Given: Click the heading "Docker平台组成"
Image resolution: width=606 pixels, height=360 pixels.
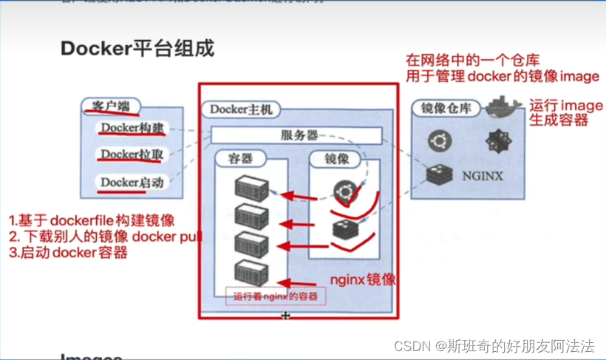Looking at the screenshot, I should tap(137, 49).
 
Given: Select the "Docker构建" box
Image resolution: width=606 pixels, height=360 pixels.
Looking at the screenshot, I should tap(132, 129).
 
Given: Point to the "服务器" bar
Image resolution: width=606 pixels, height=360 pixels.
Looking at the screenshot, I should tap(299, 135).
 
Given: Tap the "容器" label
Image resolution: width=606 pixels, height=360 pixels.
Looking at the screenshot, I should tap(241, 159).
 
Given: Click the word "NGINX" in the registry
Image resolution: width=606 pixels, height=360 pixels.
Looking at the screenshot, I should tap(482, 176).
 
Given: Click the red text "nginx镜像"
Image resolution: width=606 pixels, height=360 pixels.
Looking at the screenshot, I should tap(362, 279).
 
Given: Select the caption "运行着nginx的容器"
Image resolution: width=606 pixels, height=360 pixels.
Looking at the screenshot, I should tap(275, 296).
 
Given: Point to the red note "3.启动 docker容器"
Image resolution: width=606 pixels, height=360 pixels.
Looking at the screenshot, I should tap(68, 253).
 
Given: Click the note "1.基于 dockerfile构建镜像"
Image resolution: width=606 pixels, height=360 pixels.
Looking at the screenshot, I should tap(92, 220).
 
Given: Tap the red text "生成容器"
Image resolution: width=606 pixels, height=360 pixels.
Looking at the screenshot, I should tap(558, 120).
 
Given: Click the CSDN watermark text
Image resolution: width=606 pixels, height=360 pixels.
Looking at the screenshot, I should tap(494, 346).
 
